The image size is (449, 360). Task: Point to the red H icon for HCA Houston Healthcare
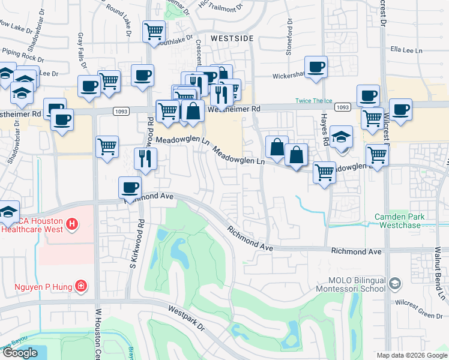[x=71, y=225]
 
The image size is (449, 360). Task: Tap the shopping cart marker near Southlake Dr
[x=154, y=31]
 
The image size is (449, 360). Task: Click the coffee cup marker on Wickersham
[x=316, y=67]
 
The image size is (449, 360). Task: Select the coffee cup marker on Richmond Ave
[x=130, y=187]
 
